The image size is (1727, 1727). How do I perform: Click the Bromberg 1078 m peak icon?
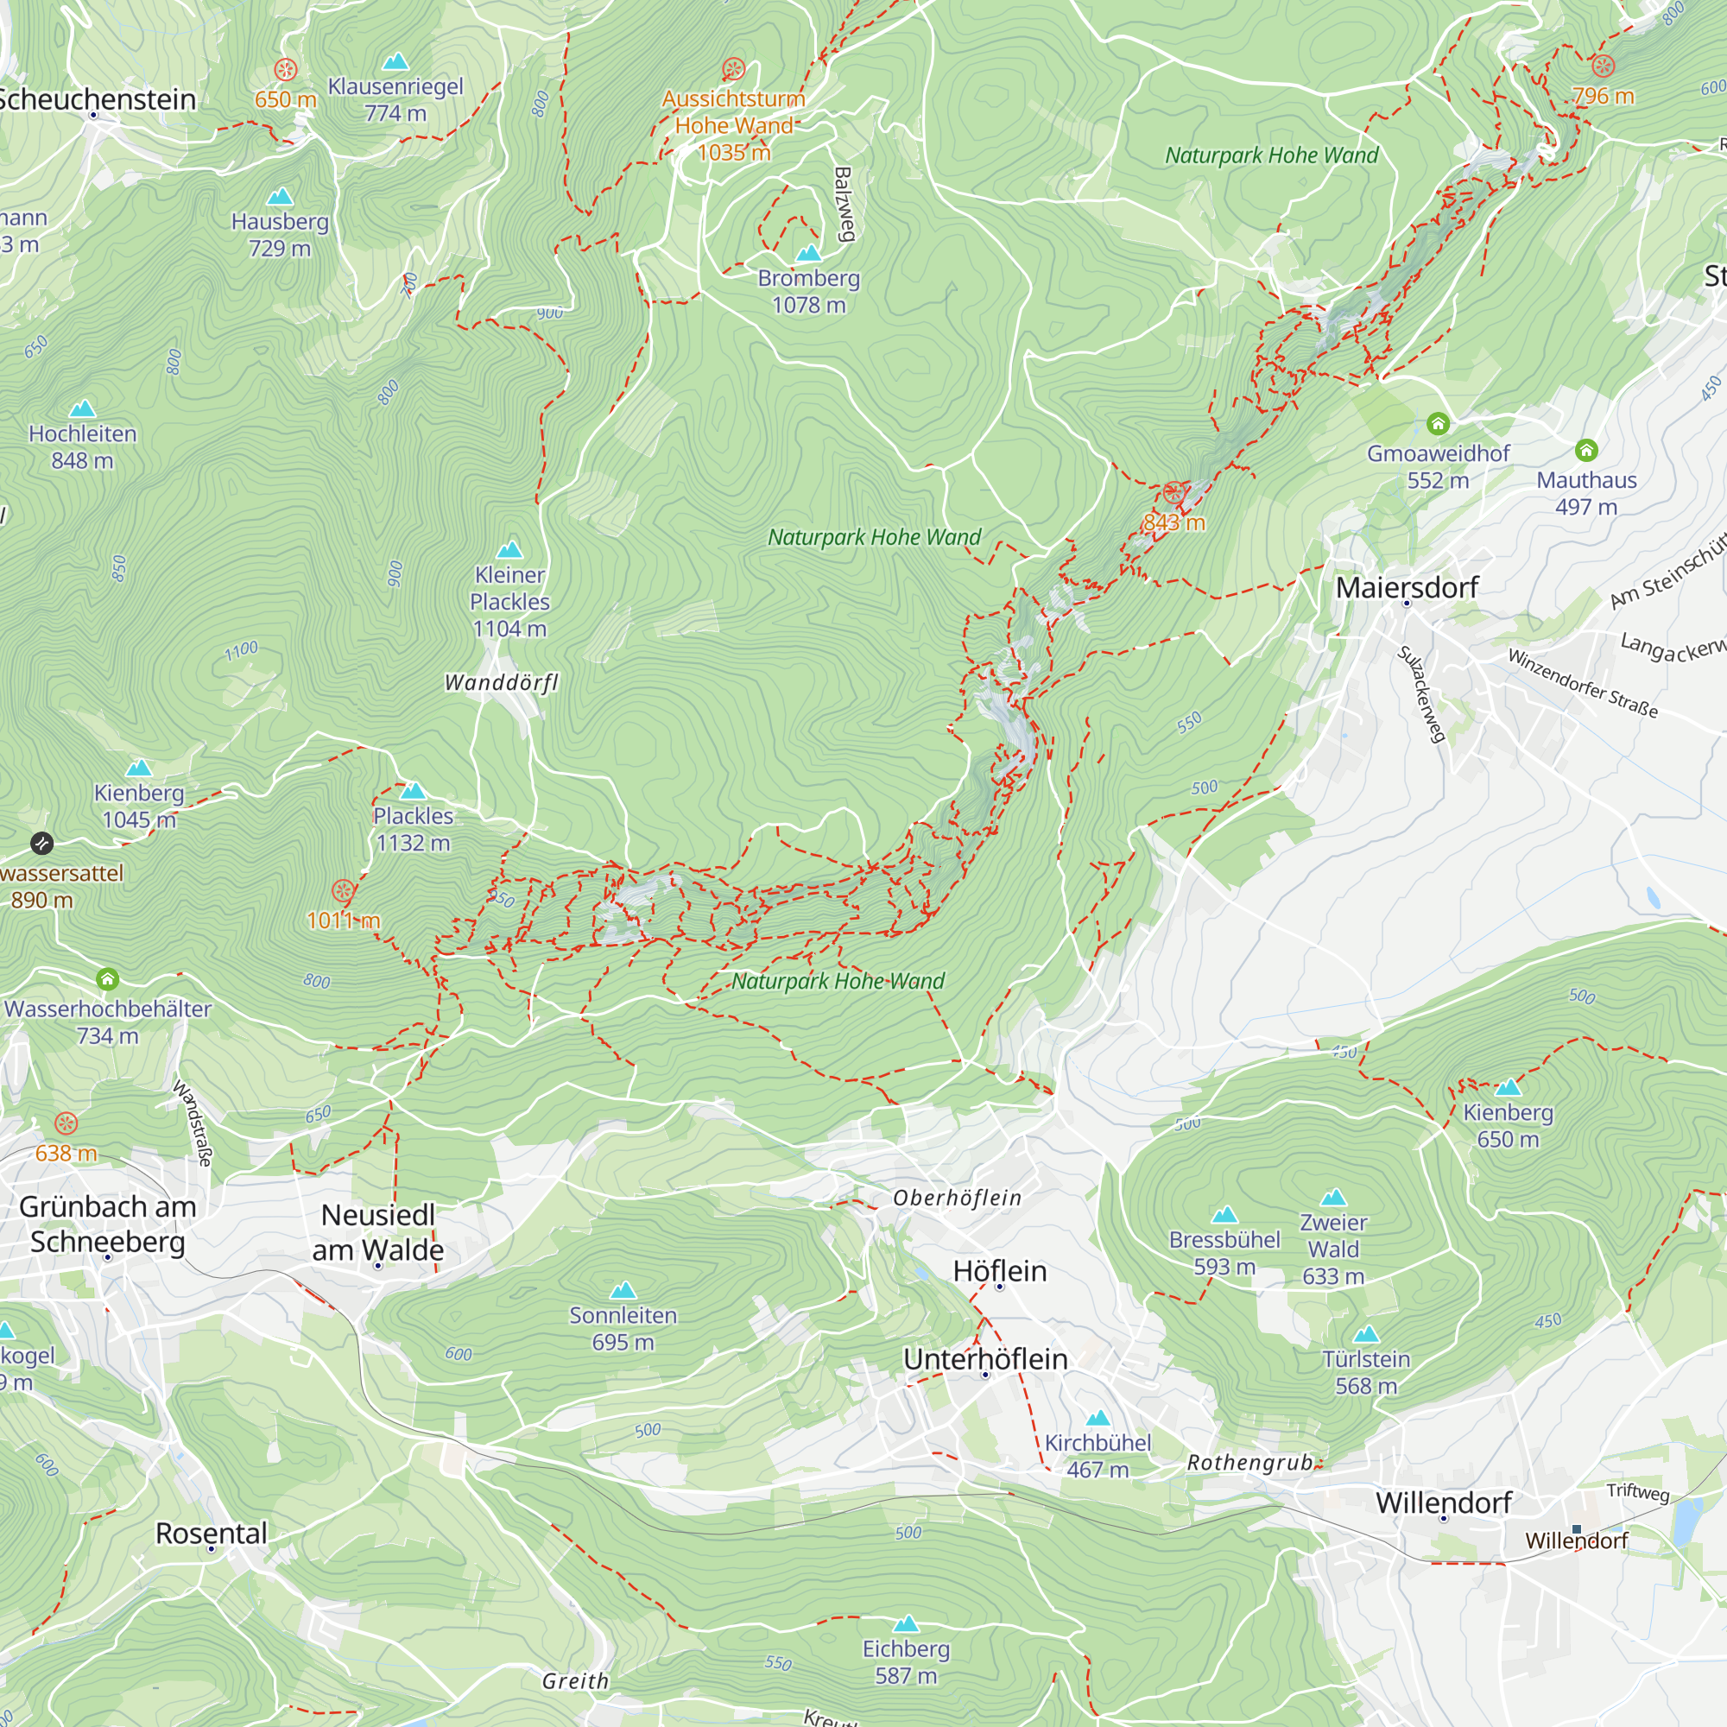[808, 254]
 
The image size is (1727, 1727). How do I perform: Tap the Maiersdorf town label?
[1406, 587]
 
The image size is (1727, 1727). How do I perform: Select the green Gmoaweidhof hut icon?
[1438, 423]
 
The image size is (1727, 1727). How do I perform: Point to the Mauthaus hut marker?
[1585, 450]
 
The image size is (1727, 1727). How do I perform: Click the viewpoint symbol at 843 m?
[1173, 492]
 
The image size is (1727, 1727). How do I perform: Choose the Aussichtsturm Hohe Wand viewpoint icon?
[733, 69]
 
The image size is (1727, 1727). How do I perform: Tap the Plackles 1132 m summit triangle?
[413, 791]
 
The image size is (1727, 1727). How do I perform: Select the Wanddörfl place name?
[502, 683]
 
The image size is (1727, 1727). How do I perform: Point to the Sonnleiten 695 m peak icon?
[623, 1291]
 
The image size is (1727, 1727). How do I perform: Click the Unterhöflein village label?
[985, 1358]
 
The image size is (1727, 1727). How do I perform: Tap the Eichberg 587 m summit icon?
[907, 1623]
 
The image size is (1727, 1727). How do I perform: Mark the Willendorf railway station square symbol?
[1577, 1529]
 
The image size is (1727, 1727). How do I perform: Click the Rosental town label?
[211, 1533]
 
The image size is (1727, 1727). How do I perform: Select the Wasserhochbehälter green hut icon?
[107, 979]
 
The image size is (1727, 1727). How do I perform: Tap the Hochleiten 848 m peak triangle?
[82, 409]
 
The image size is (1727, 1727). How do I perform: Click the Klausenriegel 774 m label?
[395, 99]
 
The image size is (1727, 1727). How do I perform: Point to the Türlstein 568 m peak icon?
[1366, 1336]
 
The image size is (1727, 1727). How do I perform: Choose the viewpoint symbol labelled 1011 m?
[344, 890]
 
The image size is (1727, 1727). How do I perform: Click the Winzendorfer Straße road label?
[1582, 684]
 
